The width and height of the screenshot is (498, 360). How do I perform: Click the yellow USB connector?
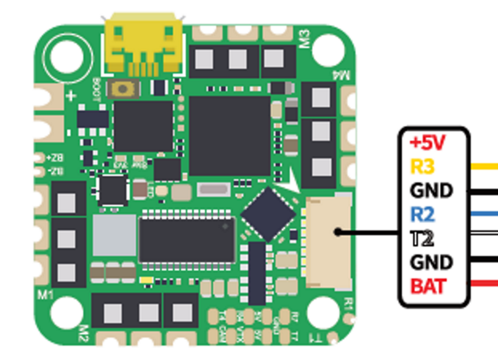click(143, 44)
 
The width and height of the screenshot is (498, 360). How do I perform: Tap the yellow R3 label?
click(422, 166)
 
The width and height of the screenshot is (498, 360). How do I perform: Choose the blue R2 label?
click(423, 215)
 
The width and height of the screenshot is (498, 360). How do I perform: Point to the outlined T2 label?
click(422, 238)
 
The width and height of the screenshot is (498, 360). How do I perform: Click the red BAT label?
click(428, 286)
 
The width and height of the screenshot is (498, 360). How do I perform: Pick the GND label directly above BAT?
click(431, 262)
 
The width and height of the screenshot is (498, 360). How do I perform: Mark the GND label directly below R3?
click(431, 191)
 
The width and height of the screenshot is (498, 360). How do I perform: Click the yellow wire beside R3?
click(484, 166)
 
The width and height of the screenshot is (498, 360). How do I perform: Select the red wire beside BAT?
click(484, 283)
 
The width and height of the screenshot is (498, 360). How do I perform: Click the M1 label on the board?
click(45, 295)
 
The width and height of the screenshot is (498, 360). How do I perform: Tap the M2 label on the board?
click(83, 334)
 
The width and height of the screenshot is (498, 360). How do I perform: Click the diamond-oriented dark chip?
click(268, 214)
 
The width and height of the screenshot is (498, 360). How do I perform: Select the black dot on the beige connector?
click(338, 232)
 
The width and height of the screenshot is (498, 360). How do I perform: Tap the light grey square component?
click(114, 235)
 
